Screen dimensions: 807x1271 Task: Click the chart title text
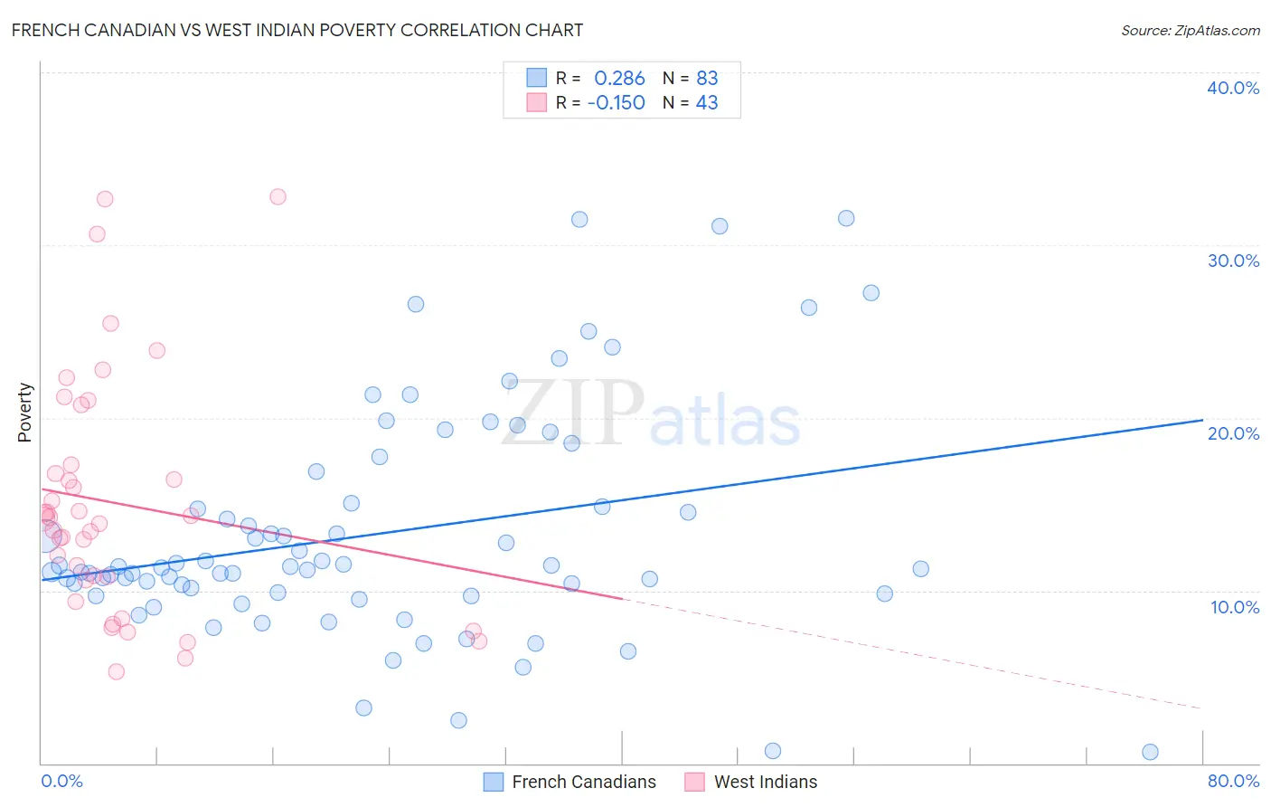(x=297, y=30)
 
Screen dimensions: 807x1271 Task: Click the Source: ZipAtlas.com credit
(x=1190, y=30)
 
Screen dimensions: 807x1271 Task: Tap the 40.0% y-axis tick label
(x=1232, y=88)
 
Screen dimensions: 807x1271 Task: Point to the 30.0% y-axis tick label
(x=1232, y=261)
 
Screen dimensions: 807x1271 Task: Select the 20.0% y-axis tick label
(x=1232, y=433)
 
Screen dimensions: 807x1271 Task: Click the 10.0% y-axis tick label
(x=1234, y=607)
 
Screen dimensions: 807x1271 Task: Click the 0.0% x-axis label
(x=61, y=781)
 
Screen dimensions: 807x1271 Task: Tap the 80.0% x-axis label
(x=1232, y=781)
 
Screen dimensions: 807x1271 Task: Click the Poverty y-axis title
(x=24, y=413)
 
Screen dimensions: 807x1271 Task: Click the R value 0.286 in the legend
(x=619, y=79)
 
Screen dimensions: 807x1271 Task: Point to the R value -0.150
(x=617, y=103)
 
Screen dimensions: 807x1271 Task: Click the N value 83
(x=707, y=79)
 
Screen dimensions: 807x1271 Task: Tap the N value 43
(x=707, y=103)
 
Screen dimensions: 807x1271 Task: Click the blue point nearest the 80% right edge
(x=1150, y=752)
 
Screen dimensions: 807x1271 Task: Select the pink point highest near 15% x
(x=278, y=196)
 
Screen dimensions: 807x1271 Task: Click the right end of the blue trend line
(x=1202, y=420)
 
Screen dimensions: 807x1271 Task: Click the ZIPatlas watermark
(x=651, y=414)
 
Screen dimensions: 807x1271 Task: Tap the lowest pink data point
(x=116, y=671)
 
